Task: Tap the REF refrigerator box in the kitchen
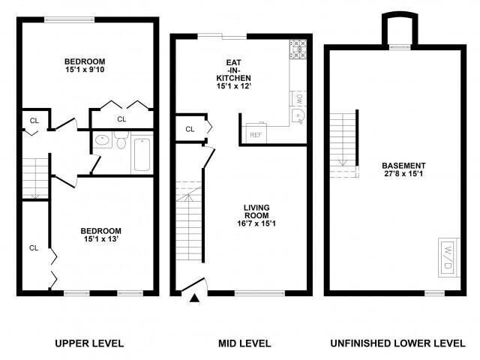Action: tap(254, 135)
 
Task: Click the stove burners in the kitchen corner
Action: tap(298, 49)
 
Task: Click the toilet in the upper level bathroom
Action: tap(121, 140)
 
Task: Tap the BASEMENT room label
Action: tap(403, 166)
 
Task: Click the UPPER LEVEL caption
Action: tap(89, 343)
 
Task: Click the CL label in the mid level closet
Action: tap(190, 129)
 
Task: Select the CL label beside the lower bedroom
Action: tap(34, 247)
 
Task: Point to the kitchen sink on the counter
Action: tap(298, 115)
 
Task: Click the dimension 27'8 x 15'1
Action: tap(403, 175)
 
